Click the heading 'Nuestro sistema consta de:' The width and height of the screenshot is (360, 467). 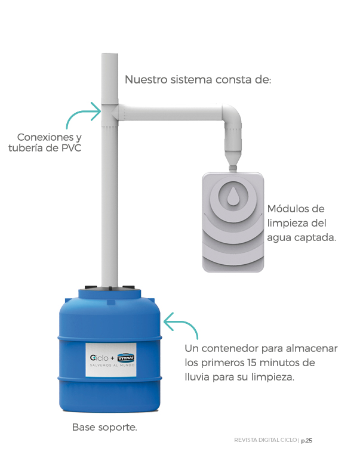[x=198, y=80]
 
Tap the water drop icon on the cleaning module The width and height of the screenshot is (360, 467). [x=233, y=197]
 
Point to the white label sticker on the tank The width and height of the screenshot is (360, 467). [x=111, y=360]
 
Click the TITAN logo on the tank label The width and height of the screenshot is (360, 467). [x=126, y=358]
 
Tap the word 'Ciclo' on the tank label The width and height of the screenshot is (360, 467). [x=99, y=358]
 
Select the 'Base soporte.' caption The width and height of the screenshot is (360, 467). [x=104, y=428]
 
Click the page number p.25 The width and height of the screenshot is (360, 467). [x=307, y=441]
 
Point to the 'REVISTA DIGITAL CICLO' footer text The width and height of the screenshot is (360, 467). [x=265, y=440]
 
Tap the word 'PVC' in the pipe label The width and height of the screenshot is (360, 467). [x=71, y=148]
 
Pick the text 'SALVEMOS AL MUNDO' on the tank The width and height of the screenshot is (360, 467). [x=112, y=365]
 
